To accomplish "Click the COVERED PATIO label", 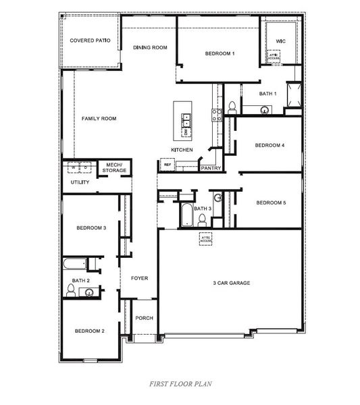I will [x=90, y=40].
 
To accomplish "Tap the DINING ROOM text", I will [x=150, y=47].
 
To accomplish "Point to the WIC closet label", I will [x=280, y=41].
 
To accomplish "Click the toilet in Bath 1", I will [x=232, y=106].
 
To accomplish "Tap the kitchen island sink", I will [x=186, y=120].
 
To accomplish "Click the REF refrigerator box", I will [x=166, y=164].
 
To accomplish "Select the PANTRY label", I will [x=211, y=168].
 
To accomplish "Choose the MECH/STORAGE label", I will [x=115, y=167].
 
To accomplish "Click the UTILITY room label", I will [x=80, y=182].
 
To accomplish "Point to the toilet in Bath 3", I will [x=219, y=198].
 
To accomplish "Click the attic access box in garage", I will [x=206, y=239].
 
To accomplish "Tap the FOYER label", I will [x=139, y=278].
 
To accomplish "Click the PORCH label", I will [x=144, y=318].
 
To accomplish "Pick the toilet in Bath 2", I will [x=70, y=290].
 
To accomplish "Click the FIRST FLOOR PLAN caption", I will [x=180, y=383].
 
